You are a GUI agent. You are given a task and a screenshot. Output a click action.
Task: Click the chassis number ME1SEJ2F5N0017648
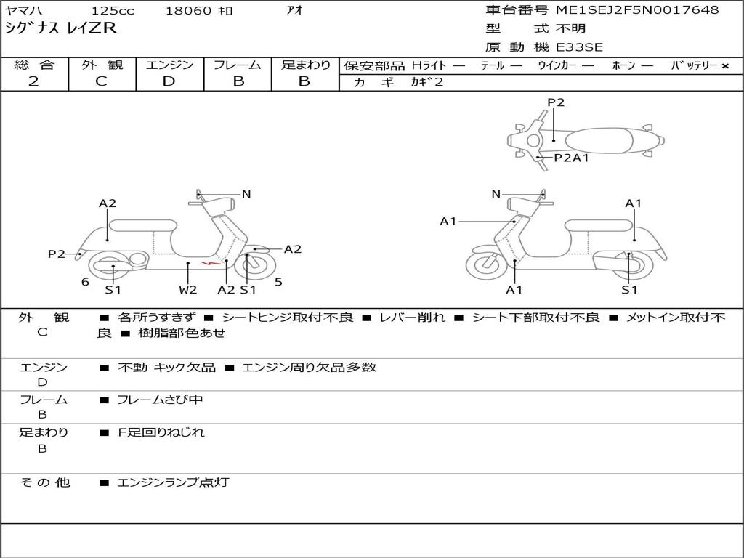(x=637, y=10)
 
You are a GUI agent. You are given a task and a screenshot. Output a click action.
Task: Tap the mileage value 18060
(x=189, y=11)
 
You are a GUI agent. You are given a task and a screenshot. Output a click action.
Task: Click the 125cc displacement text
(x=112, y=11)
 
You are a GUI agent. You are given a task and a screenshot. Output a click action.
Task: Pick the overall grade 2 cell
(x=34, y=81)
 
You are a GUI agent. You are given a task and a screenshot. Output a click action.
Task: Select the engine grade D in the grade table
(x=169, y=81)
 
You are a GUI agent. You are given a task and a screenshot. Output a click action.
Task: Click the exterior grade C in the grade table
(x=101, y=81)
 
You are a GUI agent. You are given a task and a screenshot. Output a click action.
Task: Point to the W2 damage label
(x=187, y=290)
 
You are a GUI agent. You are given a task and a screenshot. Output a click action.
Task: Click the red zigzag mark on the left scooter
(x=211, y=262)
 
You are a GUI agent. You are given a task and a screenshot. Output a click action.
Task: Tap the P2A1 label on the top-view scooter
(x=571, y=158)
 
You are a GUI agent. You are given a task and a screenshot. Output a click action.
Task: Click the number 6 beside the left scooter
(x=85, y=282)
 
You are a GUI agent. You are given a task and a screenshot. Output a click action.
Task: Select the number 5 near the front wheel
(x=278, y=282)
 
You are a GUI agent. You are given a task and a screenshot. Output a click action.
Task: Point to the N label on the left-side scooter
(x=246, y=194)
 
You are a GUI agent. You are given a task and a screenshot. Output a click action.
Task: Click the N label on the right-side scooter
(x=496, y=194)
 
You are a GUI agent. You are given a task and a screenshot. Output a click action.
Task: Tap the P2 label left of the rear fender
(x=57, y=254)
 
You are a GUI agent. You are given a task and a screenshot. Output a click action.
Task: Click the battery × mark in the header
(x=724, y=66)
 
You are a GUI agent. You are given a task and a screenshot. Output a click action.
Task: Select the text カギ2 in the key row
(x=426, y=82)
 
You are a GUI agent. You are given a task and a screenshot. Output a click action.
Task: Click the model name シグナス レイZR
(x=60, y=29)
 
